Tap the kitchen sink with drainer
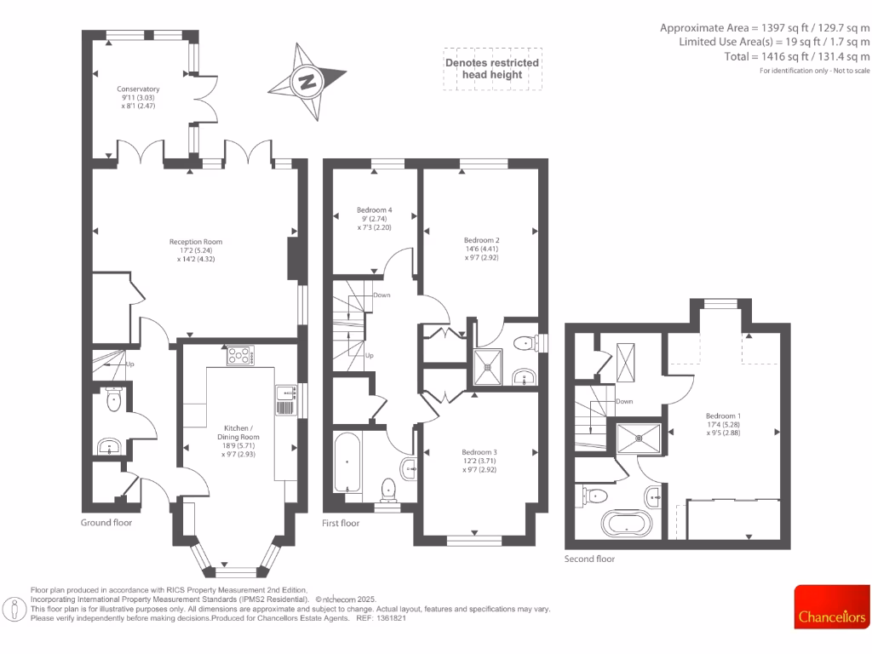(284, 400)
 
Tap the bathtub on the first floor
(347, 462)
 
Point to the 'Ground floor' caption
(106, 522)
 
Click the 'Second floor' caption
(589, 559)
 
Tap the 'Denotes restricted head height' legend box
(492, 69)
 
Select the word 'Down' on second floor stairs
(624, 401)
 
